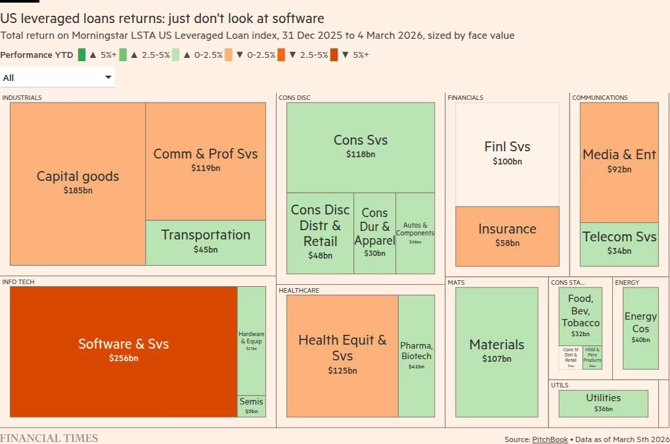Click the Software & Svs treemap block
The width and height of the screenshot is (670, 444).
pyautogui.click(x=123, y=351)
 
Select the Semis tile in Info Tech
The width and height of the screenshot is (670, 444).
pyautogui.click(x=251, y=406)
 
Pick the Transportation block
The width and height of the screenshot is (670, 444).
pyautogui.click(x=206, y=241)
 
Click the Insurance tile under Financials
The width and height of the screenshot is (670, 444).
pyautogui.click(x=506, y=235)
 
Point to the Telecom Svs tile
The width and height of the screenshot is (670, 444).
pyautogui.click(x=619, y=243)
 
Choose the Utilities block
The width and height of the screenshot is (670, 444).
pyautogui.click(x=603, y=403)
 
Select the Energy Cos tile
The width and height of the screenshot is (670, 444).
pyautogui.click(x=640, y=328)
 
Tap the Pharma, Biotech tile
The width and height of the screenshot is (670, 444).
pyautogui.click(x=416, y=355)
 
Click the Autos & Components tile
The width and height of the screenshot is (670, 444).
pyautogui.click(x=415, y=233)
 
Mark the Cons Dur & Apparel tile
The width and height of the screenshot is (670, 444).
pyautogui.click(x=374, y=233)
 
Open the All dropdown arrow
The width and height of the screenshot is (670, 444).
pyautogui.click(x=108, y=78)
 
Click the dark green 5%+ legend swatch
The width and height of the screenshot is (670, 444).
pyautogui.click(x=82, y=55)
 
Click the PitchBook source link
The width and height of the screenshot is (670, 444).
pyautogui.click(x=550, y=439)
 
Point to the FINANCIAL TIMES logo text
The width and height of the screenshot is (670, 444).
pyautogui.click(x=49, y=438)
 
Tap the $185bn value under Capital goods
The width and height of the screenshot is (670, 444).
pyautogui.click(x=78, y=191)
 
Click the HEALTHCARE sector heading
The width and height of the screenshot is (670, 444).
pyautogui.click(x=299, y=290)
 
